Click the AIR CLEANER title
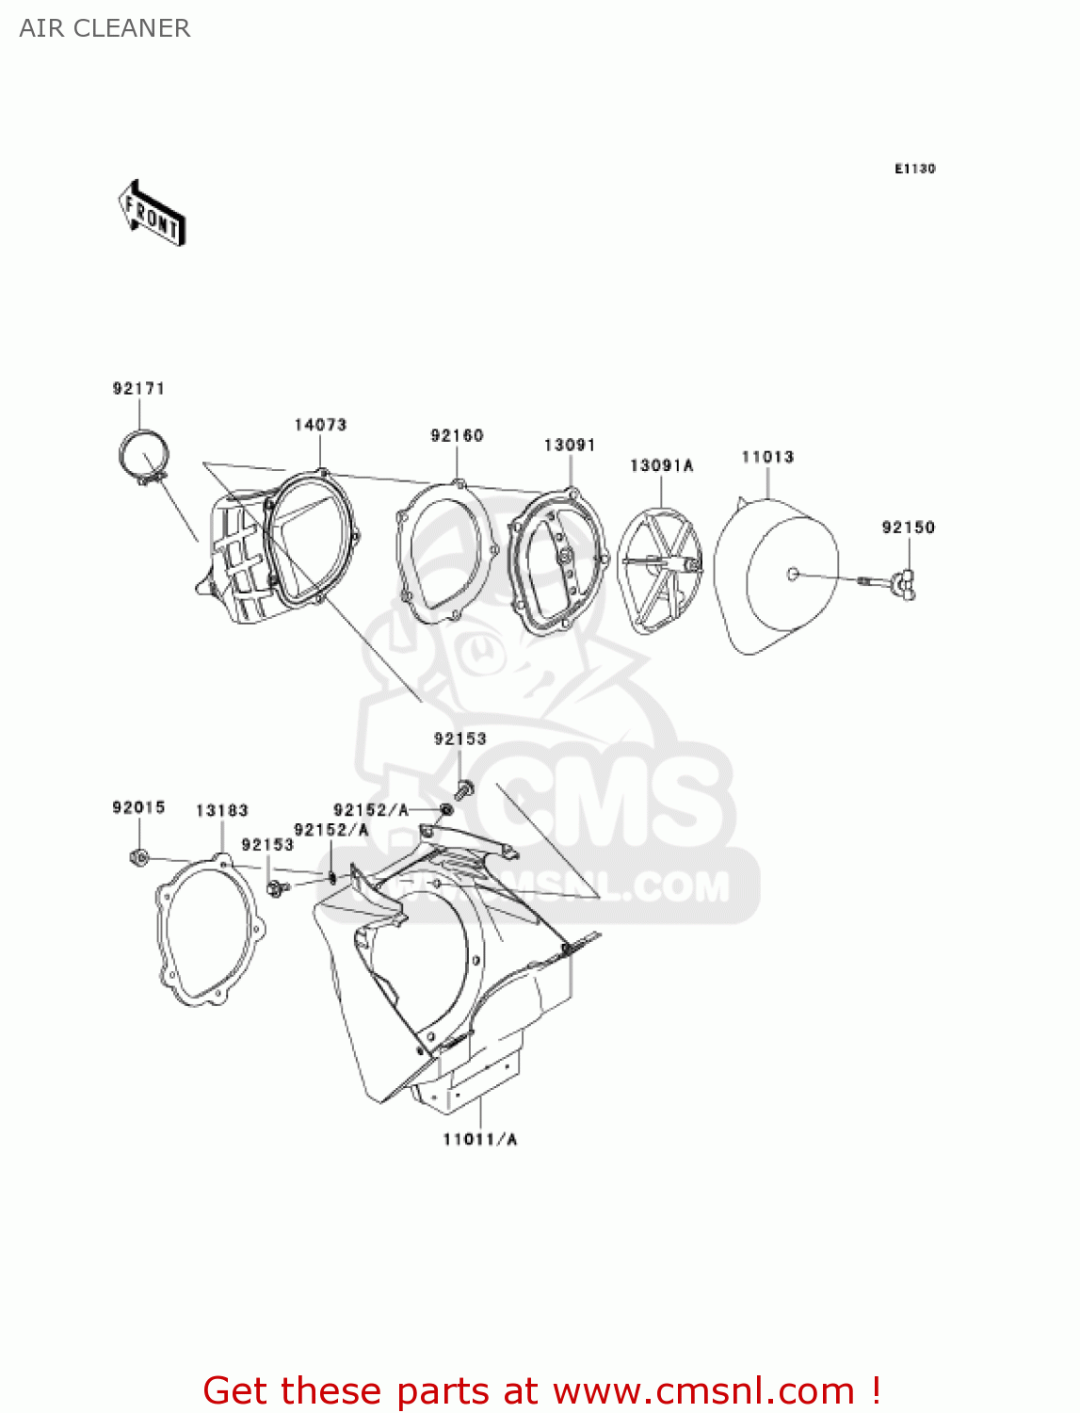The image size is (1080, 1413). (x=105, y=28)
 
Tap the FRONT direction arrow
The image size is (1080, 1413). (x=152, y=214)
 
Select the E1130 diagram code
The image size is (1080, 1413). (x=914, y=169)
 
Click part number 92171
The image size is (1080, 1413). (x=138, y=388)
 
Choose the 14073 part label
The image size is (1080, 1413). (x=320, y=425)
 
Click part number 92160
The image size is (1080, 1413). (x=457, y=435)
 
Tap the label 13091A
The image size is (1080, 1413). (x=661, y=465)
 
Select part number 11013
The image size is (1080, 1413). (x=767, y=457)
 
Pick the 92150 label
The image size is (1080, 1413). (x=908, y=528)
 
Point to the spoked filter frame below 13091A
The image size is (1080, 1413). (x=660, y=571)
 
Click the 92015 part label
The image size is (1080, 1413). (x=138, y=807)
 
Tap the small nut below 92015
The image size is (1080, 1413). (x=137, y=857)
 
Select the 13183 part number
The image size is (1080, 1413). (x=222, y=810)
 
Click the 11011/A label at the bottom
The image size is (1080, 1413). (x=480, y=1140)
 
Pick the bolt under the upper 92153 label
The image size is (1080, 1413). (x=463, y=789)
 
